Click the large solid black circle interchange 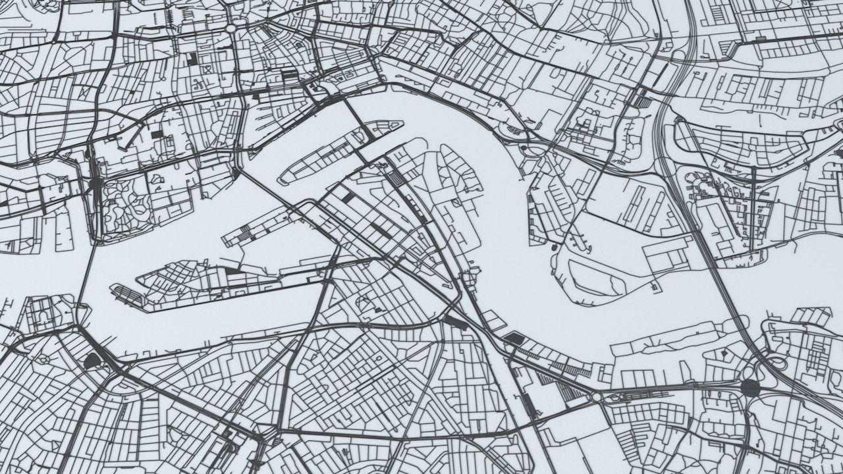coord(750,387)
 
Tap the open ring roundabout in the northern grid coord(231,28)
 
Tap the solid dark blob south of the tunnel coord(92,360)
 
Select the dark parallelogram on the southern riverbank coord(514,338)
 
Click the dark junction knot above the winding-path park coord(96,182)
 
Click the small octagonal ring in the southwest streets coord(45,359)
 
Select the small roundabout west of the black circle coord(597,398)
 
